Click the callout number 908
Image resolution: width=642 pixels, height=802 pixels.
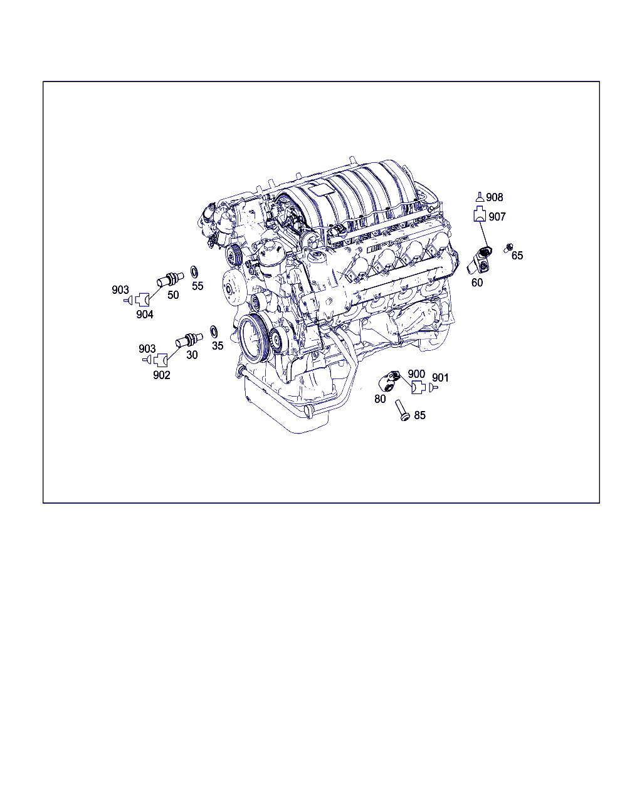click(x=494, y=197)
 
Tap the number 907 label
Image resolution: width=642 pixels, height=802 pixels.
click(x=497, y=217)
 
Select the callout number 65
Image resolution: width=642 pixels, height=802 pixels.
click(x=517, y=255)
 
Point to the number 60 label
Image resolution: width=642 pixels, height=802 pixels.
click(x=477, y=283)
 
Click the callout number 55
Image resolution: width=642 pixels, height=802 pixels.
click(x=197, y=286)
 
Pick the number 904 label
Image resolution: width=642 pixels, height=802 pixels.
click(x=145, y=315)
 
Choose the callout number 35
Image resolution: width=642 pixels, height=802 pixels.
click(x=218, y=345)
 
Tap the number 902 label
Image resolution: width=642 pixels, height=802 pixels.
click(x=162, y=375)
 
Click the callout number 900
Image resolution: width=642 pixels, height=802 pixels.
click(x=416, y=373)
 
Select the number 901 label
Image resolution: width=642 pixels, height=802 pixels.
click(x=440, y=378)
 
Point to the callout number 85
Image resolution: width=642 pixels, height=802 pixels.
click(x=419, y=415)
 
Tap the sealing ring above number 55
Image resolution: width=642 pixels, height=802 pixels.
click(x=194, y=272)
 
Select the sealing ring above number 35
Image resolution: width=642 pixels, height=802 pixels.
click(x=214, y=331)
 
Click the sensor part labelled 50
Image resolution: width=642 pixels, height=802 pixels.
click(x=170, y=280)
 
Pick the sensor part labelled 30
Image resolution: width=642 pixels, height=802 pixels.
click(x=189, y=340)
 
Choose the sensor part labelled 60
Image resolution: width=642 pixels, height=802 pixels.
click(x=480, y=260)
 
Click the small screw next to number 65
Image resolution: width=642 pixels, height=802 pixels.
click(x=508, y=247)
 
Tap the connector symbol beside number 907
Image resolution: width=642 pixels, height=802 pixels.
click(x=480, y=214)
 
